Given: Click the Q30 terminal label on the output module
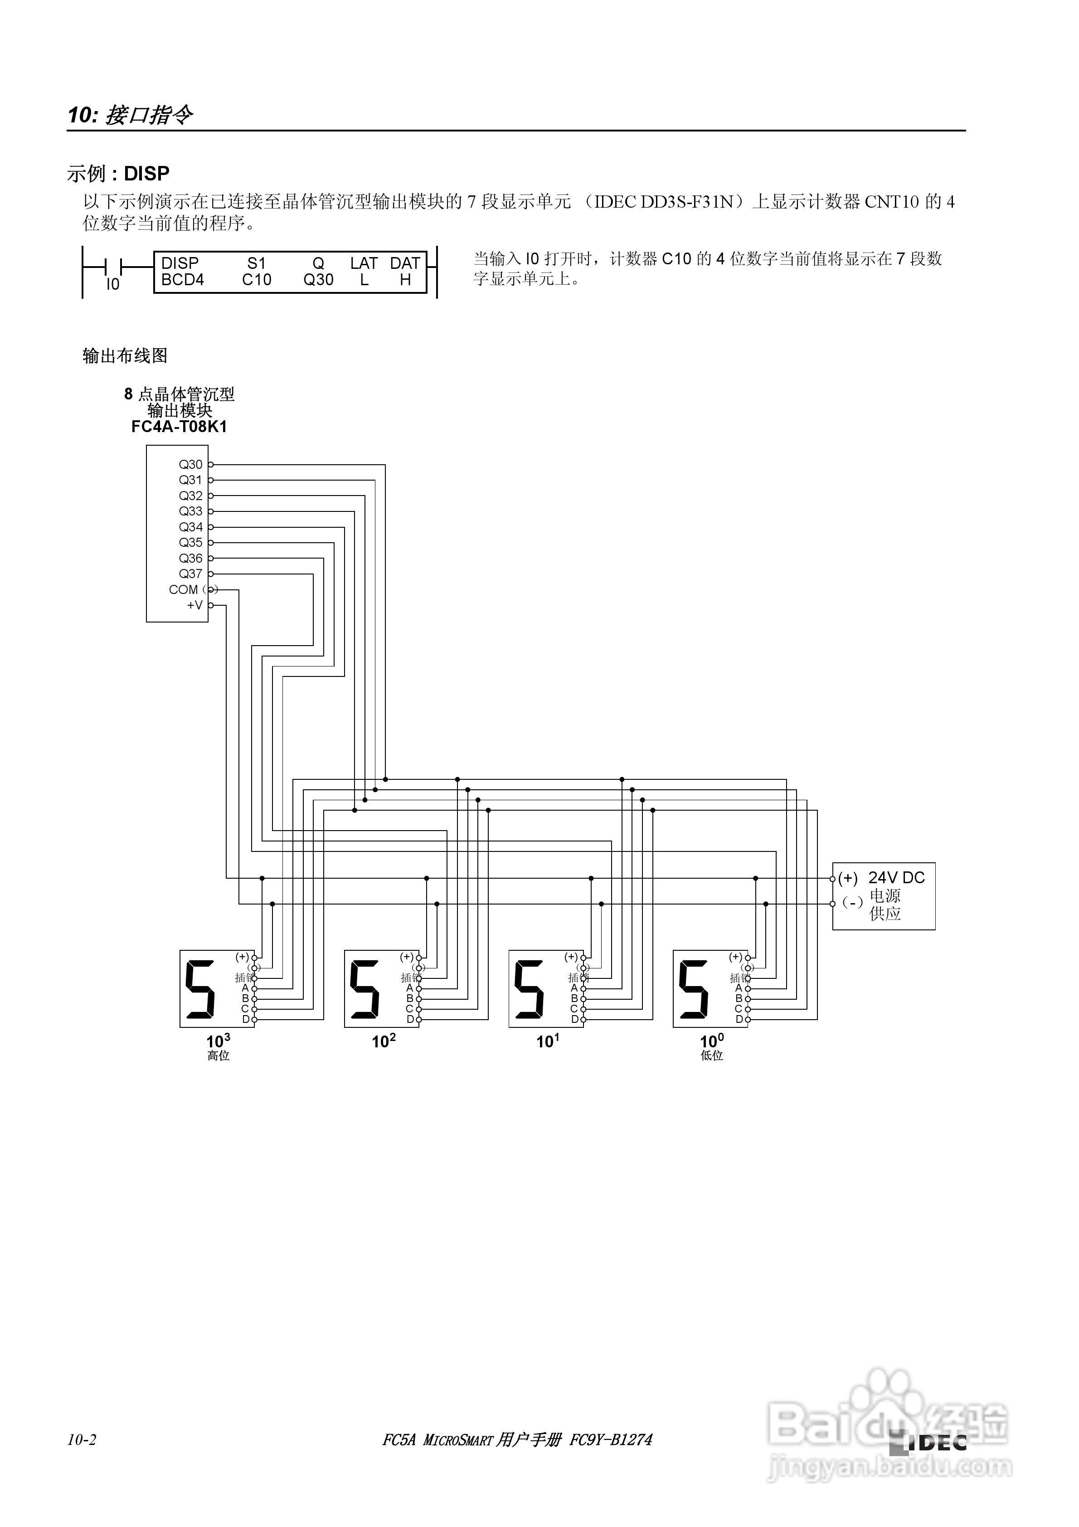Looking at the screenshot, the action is click(x=190, y=465).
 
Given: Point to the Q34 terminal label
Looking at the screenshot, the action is click(x=190, y=527).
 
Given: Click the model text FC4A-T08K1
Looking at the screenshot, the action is click(x=179, y=427).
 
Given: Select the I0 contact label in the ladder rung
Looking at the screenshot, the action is click(x=113, y=284).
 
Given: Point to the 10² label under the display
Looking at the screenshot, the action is click(x=383, y=1041).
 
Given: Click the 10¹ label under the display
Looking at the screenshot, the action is click(x=548, y=1041).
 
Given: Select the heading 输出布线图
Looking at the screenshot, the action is click(x=124, y=356).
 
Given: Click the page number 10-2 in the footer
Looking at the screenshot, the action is click(x=82, y=1440).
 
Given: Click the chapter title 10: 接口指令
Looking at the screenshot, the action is click(x=131, y=115).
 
